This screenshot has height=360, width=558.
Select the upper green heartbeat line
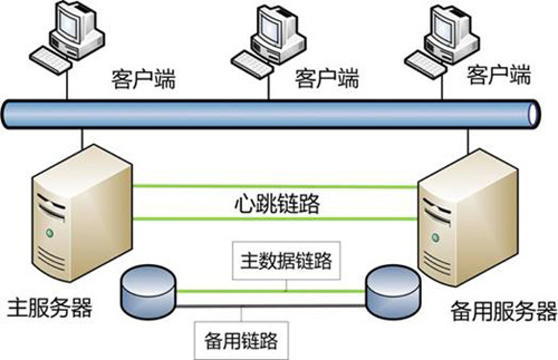point(273,186)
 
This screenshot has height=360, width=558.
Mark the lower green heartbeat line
point(273,219)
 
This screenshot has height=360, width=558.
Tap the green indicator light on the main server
point(47,232)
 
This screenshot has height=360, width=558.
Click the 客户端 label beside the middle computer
point(327,79)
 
